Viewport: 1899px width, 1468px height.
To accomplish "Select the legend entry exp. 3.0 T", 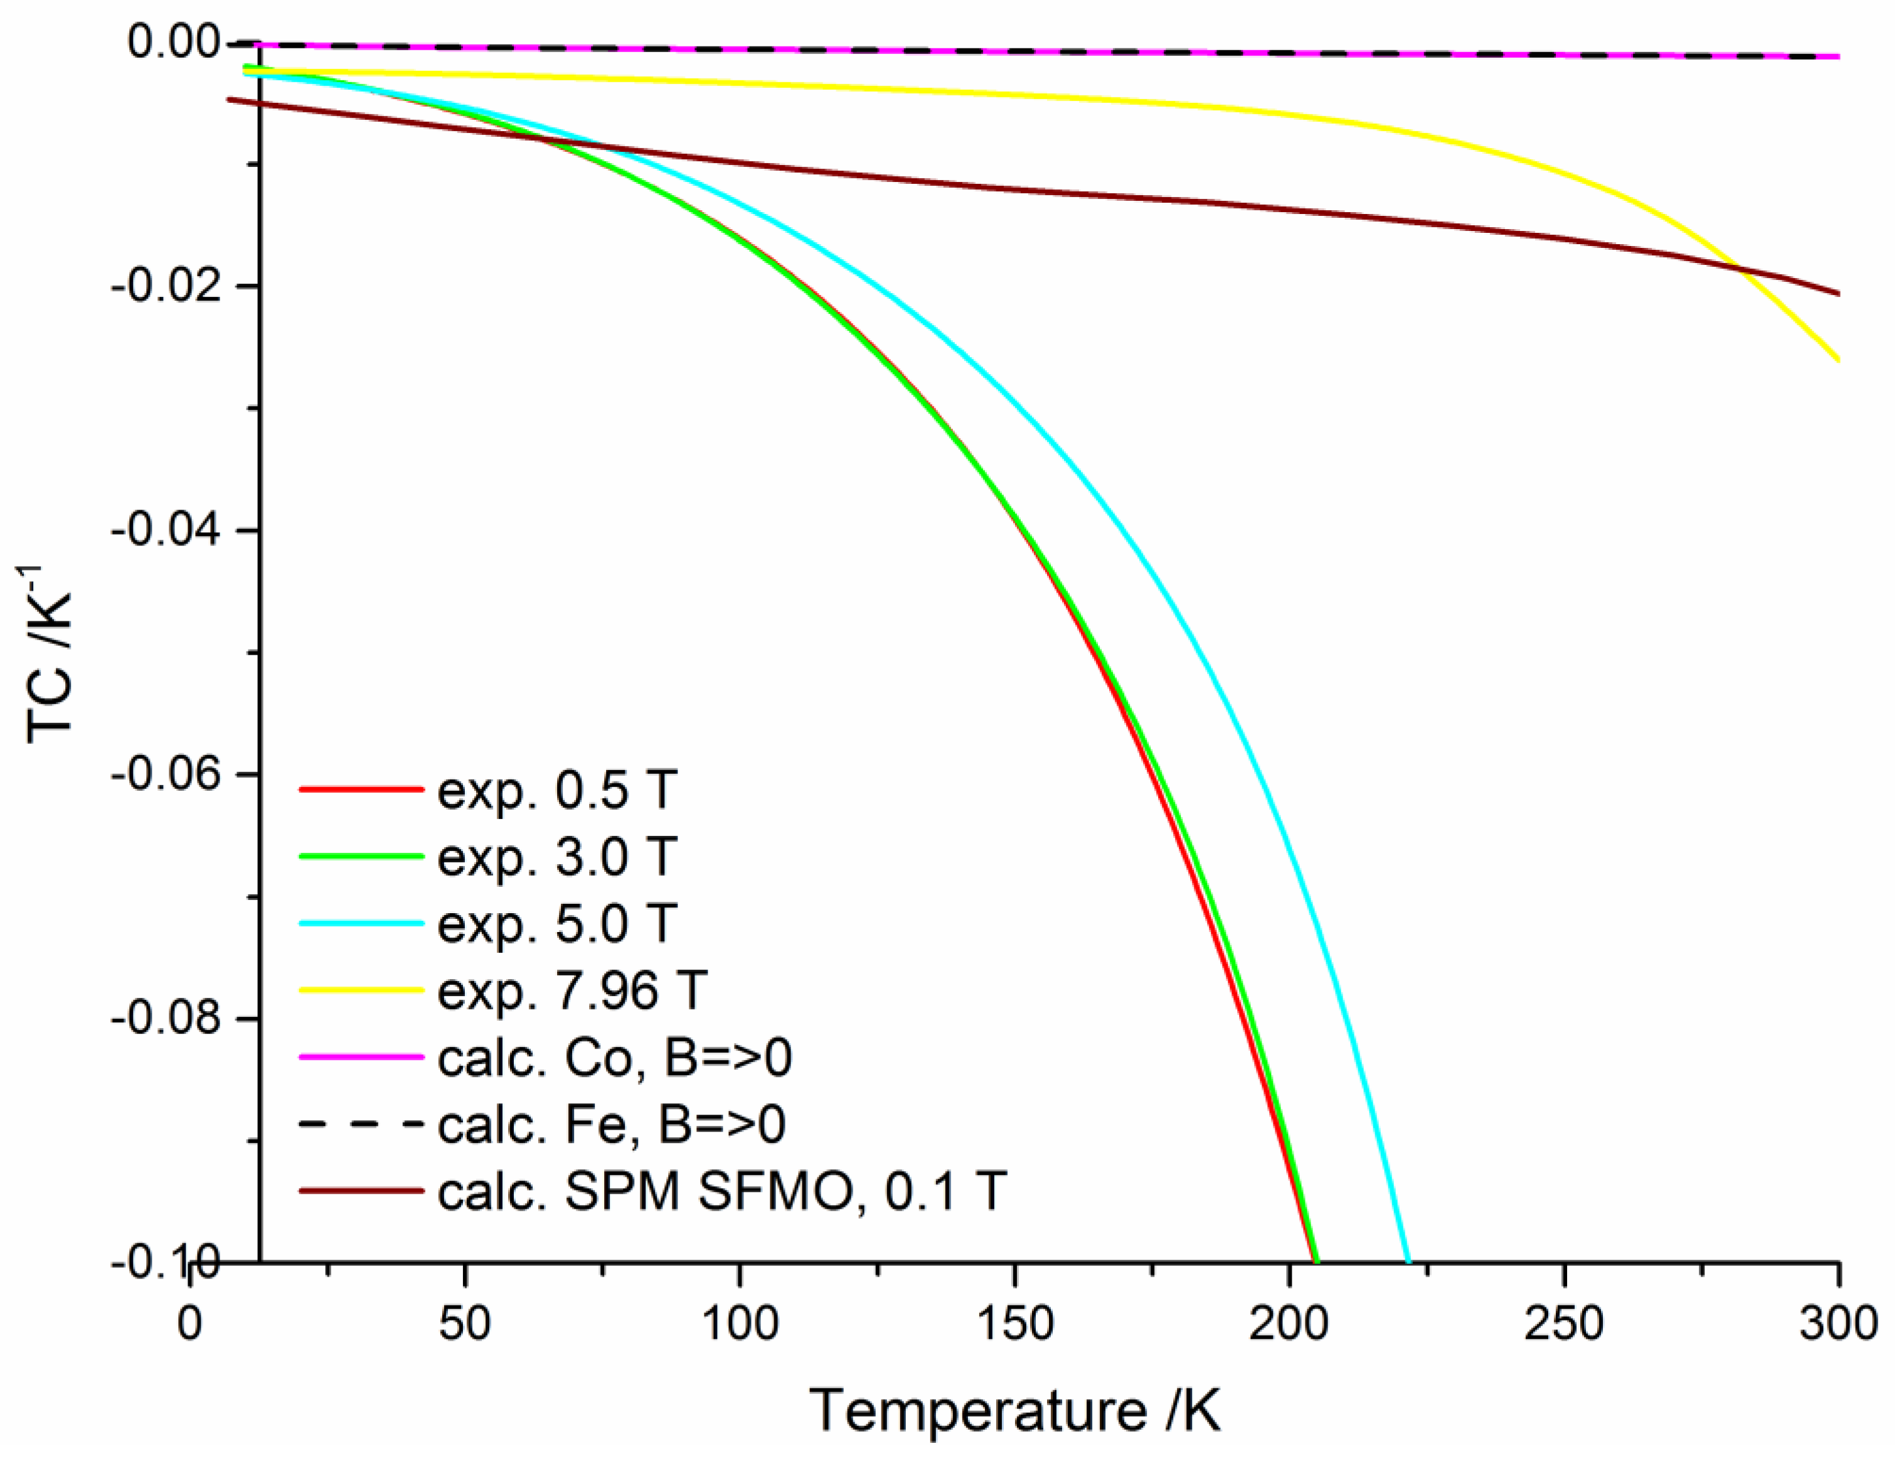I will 556,857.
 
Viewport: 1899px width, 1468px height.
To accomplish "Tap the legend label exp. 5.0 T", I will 556,924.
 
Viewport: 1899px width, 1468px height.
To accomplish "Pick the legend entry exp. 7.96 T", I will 572,990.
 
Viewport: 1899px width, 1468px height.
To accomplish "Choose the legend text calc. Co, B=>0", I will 614,1058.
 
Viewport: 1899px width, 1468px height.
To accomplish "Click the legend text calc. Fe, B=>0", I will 611,1125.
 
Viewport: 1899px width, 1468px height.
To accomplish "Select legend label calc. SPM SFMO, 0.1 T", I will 721,1191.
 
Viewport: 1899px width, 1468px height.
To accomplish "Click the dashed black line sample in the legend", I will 361,1125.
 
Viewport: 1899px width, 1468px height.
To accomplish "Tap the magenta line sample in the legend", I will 361,1058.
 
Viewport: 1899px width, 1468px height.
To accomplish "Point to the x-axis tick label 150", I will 1014,1324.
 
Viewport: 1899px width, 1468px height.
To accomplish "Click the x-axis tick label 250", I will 1564,1324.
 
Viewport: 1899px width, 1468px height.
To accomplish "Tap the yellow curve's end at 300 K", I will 1838,359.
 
